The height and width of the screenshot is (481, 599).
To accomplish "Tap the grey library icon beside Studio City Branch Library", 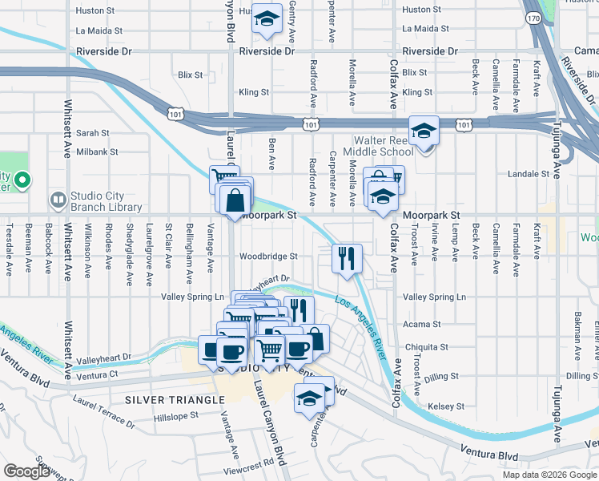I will [x=58, y=200].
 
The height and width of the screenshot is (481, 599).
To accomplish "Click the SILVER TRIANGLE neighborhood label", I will [x=160, y=399].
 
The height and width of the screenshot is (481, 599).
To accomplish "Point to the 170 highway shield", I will [x=533, y=17].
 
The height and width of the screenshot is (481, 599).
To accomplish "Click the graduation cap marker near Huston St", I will [x=267, y=20].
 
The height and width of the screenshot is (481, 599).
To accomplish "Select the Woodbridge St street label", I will [x=269, y=257].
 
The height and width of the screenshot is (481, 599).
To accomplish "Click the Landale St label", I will [x=538, y=174].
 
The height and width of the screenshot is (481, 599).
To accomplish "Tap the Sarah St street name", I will [x=93, y=132].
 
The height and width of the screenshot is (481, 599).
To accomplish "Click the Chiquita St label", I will [x=426, y=347].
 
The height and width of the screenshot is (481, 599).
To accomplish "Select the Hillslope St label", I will [x=175, y=416].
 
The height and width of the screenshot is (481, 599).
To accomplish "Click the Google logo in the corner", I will [x=26, y=471].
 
